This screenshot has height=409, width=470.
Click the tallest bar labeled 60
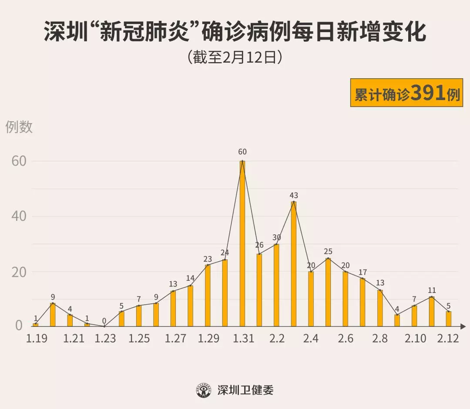point(242,243)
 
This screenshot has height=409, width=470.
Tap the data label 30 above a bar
point(277,238)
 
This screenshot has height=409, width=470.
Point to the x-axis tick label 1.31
point(243,339)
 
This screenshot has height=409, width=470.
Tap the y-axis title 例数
point(19,127)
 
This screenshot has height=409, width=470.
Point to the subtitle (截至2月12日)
point(235,58)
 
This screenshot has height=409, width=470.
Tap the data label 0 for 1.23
point(104,321)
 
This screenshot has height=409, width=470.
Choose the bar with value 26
point(259,290)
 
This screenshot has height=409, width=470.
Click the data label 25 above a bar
point(328,252)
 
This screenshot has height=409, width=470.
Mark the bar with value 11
point(431,311)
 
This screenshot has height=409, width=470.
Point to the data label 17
point(363,273)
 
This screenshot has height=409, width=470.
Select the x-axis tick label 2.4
point(311,339)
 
